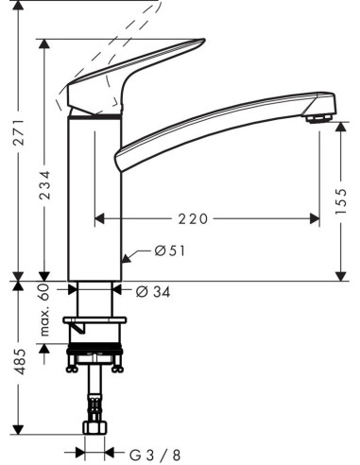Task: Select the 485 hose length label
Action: click(18, 376)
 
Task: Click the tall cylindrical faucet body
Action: click(95, 198)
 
